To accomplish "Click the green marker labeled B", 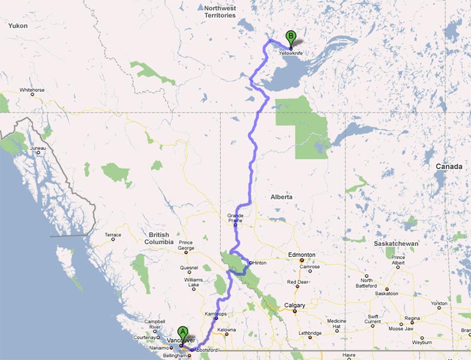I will click(291, 37).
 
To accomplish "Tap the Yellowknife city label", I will click(291, 53).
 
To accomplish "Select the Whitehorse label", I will click(32, 90).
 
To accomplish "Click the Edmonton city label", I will click(301, 255).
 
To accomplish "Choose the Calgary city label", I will click(295, 305).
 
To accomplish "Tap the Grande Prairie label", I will click(235, 218).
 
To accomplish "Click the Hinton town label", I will click(260, 263).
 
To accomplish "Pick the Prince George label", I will click(186, 245).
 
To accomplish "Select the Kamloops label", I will click(215, 314).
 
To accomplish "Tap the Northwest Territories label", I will click(220, 12).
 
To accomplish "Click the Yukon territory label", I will click(18, 26).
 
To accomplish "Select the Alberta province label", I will click(281, 197).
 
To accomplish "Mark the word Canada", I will click(449, 166).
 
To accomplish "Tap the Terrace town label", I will click(113, 235).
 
